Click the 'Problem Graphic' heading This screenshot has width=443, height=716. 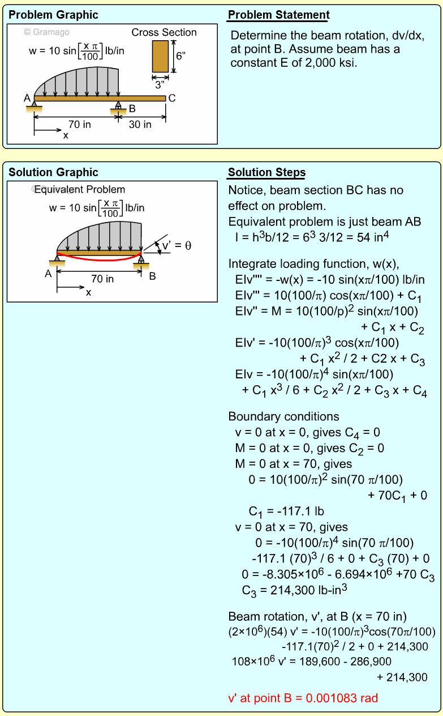(x=53, y=15)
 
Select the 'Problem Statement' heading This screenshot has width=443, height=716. (x=278, y=15)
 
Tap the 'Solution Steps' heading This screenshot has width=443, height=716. (x=266, y=173)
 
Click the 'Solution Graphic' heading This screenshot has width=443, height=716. (x=53, y=173)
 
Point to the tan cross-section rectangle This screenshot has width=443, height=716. (x=160, y=56)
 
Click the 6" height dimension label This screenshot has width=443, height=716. (x=180, y=56)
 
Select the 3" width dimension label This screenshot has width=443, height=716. (x=160, y=85)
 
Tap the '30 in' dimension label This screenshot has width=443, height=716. (x=140, y=125)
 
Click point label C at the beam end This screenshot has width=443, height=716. (x=172, y=99)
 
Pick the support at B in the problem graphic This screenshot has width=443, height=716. (x=118, y=109)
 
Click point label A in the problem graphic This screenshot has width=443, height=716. (x=27, y=99)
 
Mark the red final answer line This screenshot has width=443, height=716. (x=303, y=698)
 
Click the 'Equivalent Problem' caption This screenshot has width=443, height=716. (x=80, y=189)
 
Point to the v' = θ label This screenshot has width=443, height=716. (x=177, y=246)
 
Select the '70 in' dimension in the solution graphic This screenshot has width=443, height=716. (x=102, y=279)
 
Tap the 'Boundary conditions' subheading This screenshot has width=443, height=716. (x=283, y=416)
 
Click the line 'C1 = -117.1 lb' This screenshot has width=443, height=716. (x=286, y=512)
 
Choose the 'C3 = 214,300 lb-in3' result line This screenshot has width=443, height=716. (x=294, y=590)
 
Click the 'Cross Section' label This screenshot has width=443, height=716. (x=164, y=32)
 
